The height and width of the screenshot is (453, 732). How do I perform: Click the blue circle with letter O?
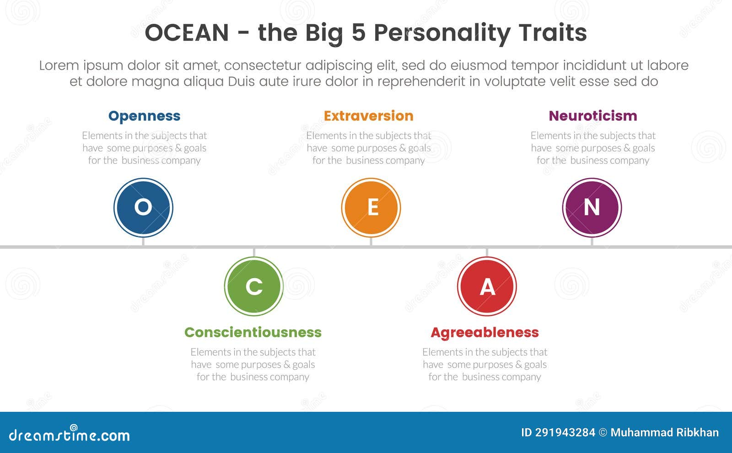pyautogui.click(x=144, y=208)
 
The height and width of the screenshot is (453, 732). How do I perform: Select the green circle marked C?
pyautogui.click(x=254, y=286)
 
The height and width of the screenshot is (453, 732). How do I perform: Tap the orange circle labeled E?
pyautogui.click(x=371, y=208)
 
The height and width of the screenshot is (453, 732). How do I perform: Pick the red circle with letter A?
pyautogui.click(x=487, y=286)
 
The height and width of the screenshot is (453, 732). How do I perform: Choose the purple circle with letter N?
pyautogui.click(x=592, y=208)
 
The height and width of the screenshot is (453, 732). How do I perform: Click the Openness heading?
pyautogui.click(x=144, y=116)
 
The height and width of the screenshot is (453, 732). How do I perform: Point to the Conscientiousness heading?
pyautogui.click(x=253, y=332)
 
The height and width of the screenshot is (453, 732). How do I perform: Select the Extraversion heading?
pyautogui.click(x=369, y=116)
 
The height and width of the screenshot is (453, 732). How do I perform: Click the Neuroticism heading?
pyautogui.click(x=593, y=116)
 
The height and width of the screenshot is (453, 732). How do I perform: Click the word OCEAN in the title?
pyautogui.click(x=187, y=32)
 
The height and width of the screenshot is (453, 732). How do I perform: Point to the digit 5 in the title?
pyautogui.click(x=359, y=32)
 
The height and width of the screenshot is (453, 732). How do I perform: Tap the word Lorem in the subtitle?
pyautogui.click(x=59, y=65)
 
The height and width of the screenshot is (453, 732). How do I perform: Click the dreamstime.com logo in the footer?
pyautogui.click(x=69, y=434)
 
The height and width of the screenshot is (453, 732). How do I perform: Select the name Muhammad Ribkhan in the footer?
pyautogui.click(x=665, y=433)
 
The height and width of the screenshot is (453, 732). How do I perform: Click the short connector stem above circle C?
pyautogui.click(x=254, y=253)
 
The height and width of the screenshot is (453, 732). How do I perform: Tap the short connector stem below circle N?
pyautogui.click(x=592, y=242)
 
